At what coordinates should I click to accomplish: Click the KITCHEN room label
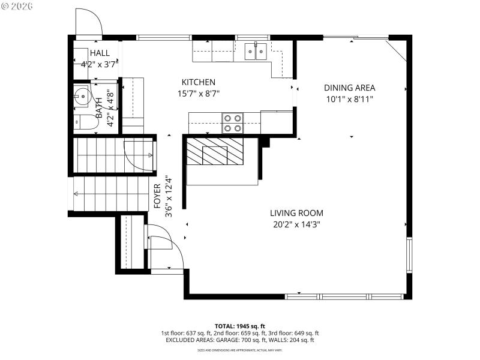pyautogui.click(x=199, y=82)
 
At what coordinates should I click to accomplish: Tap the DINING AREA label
pyautogui.click(x=349, y=88)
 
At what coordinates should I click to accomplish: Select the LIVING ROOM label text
pyautogui.click(x=296, y=213)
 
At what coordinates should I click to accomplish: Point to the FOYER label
pyautogui.click(x=157, y=196)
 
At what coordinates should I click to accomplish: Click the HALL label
pyautogui.click(x=100, y=53)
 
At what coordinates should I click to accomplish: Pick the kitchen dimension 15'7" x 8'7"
pyautogui.click(x=199, y=94)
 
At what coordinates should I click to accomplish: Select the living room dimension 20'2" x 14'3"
pyautogui.click(x=296, y=225)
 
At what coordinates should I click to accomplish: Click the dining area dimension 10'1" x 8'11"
pyautogui.click(x=349, y=99)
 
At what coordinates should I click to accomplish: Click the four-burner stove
pyautogui.click(x=233, y=123)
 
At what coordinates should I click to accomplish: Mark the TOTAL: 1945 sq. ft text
pyautogui.click(x=239, y=325)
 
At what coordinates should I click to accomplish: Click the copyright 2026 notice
pyautogui.click(x=17, y=6)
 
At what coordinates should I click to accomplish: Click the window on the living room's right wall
pyautogui.click(x=410, y=255)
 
